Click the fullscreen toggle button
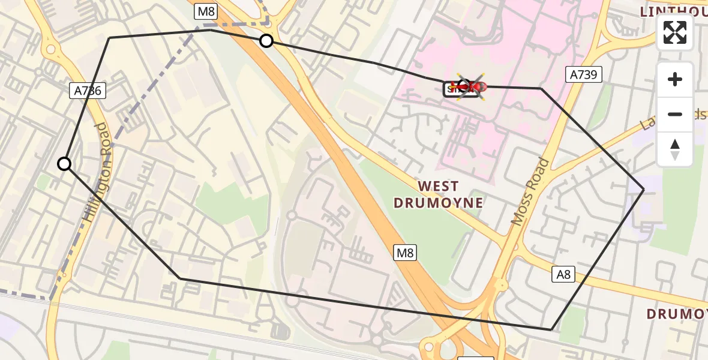click(x=675, y=32)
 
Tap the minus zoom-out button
click(x=675, y=114)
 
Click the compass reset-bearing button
click(x=675, y=149)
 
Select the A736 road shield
click(x=88, y=91)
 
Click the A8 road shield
click(x=563, y=275)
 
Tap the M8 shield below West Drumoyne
click(x=405, y=253)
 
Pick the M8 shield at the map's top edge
click(x=205, y=11)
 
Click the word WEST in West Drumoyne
click(x=438, y=187)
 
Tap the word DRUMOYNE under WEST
click(x=438, y=203)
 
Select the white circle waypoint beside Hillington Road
click(x=64, y=164)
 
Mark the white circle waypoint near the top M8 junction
click(x=266, y=41)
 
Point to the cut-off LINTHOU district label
click(x=673, y=11)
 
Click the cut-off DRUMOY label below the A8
click(x=677, y=314)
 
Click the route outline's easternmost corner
click(x=644, y=190)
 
